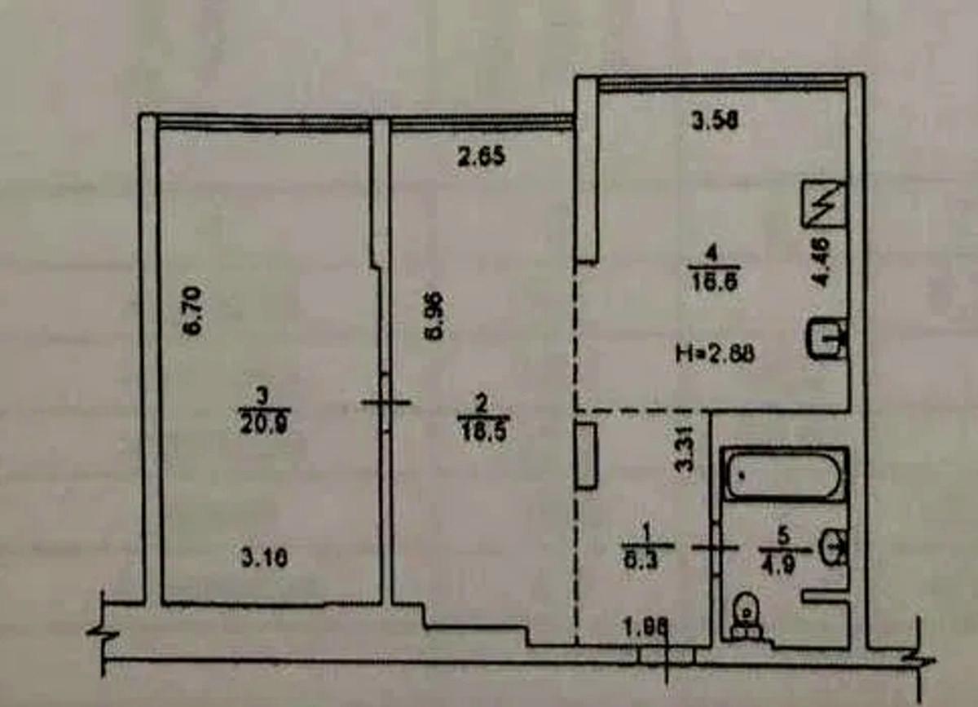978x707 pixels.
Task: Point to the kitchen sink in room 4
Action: pyautogui.click(x=826, y=338)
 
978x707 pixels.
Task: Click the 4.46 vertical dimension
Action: pyautogui.click(x=822, y=261)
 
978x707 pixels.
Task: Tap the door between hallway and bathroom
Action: pyautogui.click(x=716, y=548)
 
